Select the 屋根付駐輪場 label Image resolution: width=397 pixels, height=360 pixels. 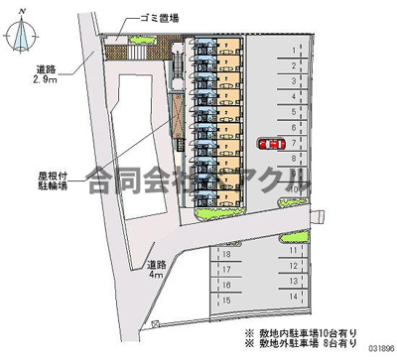click(44, 180)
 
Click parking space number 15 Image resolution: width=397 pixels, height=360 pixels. click(227, 298)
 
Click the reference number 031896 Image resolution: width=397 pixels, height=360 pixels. click(376, 349)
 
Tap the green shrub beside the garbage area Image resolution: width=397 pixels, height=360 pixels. click(139, 40)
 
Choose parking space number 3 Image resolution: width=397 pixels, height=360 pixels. click(295, 75)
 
